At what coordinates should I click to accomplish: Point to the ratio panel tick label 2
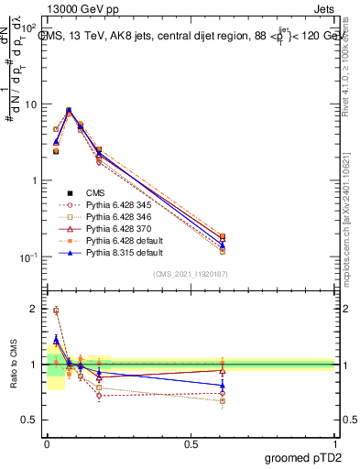33,309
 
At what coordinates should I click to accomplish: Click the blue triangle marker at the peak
70,111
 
